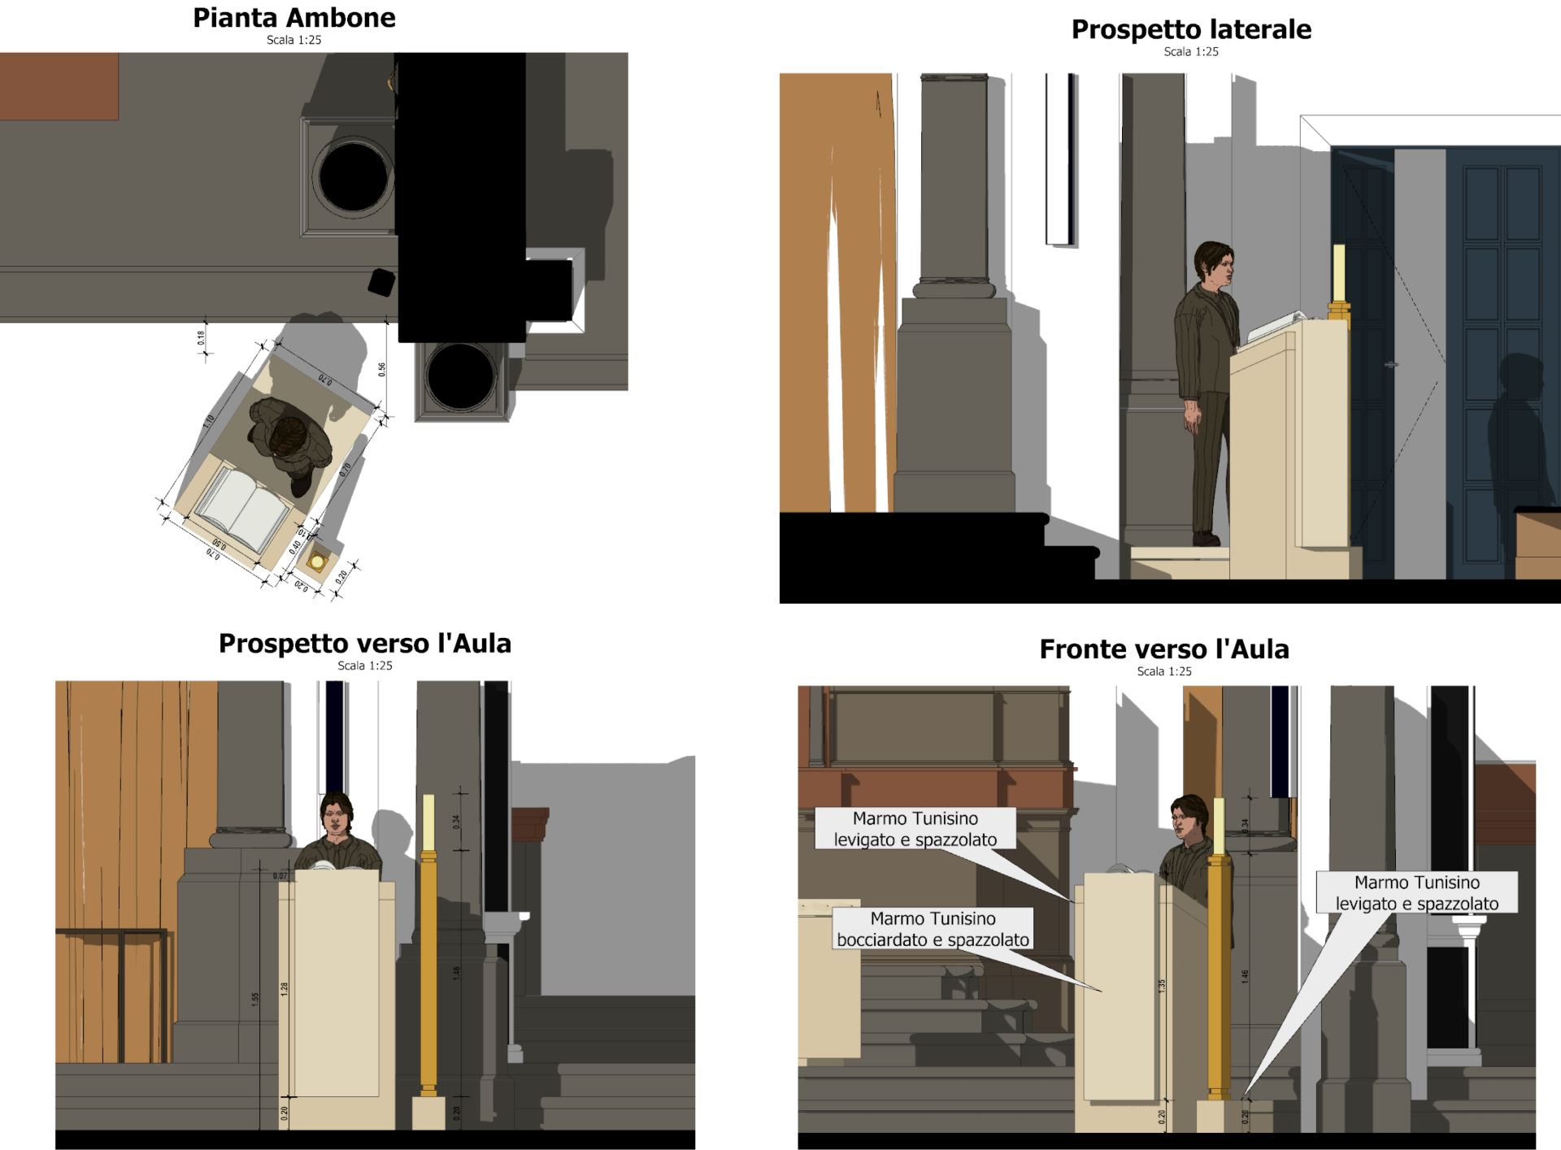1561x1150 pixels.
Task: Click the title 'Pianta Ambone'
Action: tap(294, 18)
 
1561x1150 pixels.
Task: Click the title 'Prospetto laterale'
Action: tap(1190, 29)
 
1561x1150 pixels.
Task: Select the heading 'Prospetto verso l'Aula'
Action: tap(364, 644)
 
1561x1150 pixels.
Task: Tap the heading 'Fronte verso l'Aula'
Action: tap(1163, 649)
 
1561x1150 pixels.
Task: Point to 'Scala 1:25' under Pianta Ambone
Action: tap(294, 40)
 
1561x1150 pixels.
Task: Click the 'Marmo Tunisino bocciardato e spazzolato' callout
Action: tap(933, 929)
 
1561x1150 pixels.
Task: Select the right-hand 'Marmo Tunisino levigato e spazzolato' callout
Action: tap(1416, 892)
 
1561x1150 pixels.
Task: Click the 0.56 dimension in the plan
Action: tap(382, 369)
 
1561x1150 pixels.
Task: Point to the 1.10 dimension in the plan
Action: tap(209, 421)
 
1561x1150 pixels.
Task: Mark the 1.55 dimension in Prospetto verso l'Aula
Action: tap(255, 999)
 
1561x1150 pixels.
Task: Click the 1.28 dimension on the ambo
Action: tap(285, 988)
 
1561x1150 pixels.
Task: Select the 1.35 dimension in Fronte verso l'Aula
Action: tap(1162, 985)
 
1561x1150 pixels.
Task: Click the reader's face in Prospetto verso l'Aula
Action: tap(334, 819)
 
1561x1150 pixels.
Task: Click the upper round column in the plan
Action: tap(353, 176)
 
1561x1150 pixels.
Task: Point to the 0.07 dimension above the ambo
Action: tap(280, 875)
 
